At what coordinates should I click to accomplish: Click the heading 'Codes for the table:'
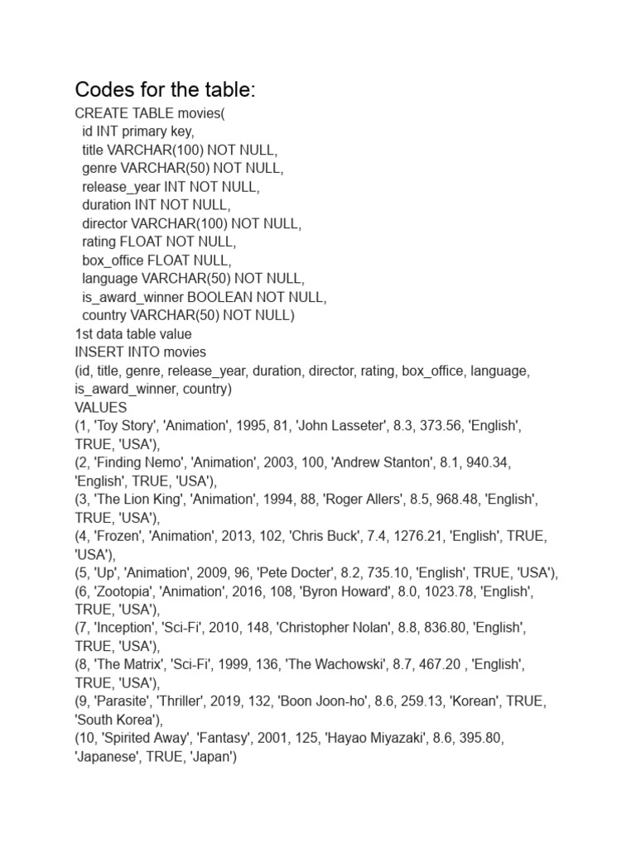point(166,89)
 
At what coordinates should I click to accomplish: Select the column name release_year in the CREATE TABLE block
point(121,187)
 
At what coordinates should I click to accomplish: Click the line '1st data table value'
point(133,334)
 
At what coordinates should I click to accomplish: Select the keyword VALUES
point(101,408)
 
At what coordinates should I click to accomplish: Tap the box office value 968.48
point(451,500)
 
